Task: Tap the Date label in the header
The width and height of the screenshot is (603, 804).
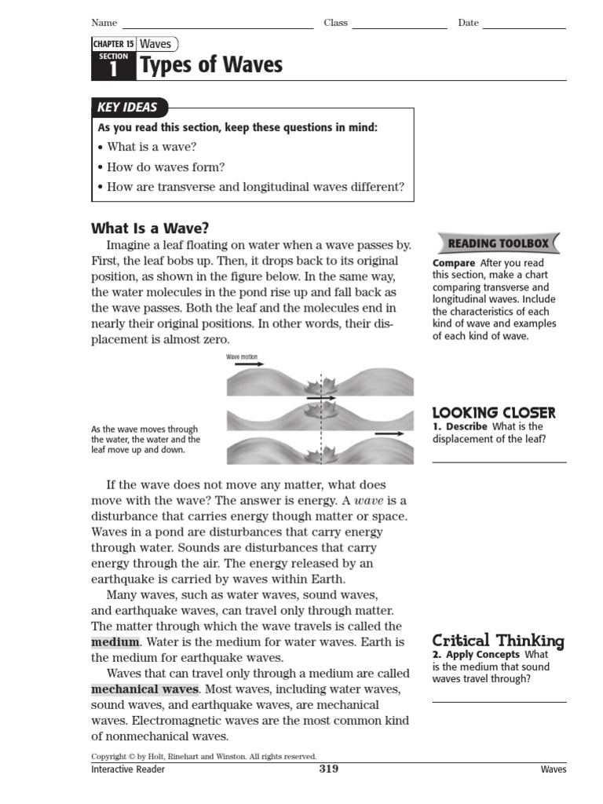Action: point(468,23)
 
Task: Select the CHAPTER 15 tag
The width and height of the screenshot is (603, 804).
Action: point(113,44)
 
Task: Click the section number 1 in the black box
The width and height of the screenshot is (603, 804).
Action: point(113,70)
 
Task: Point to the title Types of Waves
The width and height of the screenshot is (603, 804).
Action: point(210,65)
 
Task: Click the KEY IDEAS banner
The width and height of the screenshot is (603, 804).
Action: point(126,108)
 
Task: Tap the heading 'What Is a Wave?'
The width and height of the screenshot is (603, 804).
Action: point(150,228)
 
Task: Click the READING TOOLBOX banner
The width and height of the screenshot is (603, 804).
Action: point(498,243)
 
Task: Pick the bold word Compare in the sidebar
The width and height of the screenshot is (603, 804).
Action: point(454,263)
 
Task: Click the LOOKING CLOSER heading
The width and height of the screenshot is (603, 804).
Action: point(494,412)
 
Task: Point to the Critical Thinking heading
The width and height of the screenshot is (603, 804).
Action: point(498,641)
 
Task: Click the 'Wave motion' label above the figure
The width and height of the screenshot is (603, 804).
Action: point(242,356)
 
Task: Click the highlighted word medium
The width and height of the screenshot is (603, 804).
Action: point(115,642)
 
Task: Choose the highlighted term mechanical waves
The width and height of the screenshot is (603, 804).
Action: point(144,689)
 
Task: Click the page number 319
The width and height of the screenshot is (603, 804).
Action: point(328,769)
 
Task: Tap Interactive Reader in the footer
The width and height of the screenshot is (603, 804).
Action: point(128,770)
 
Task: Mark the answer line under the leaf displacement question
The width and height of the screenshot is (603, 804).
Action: point(499,462)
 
